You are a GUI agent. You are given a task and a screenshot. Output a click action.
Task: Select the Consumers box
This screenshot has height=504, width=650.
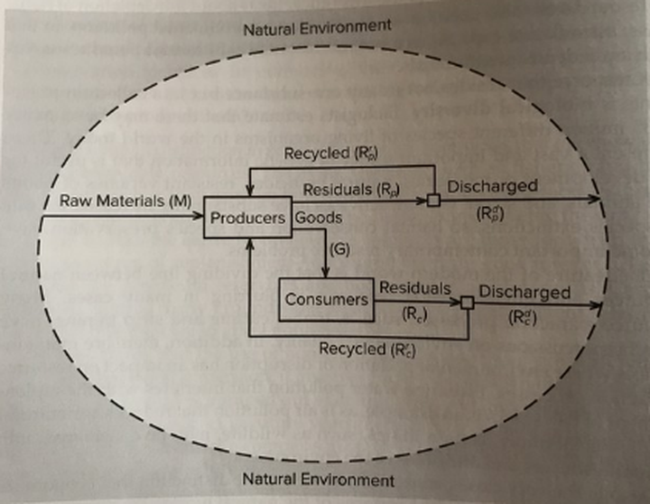tap(328, 298)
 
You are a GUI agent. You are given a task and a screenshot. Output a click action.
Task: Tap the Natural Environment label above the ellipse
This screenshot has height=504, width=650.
tap(317, 26)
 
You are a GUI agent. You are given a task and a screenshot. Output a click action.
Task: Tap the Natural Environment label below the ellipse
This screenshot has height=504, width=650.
tap(318, 478)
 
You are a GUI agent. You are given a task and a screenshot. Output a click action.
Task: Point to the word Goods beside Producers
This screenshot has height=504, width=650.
tap(318, 219)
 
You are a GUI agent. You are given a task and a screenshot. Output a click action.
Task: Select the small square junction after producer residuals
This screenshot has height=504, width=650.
tap(434, 200)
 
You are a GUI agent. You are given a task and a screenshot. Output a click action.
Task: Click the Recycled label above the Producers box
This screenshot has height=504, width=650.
tap(330, 154)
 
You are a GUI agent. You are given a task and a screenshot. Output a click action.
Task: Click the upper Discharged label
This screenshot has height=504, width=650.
tap(492, 186)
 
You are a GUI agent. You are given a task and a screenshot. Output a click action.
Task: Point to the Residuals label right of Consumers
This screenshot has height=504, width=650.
tap(414, 287)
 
